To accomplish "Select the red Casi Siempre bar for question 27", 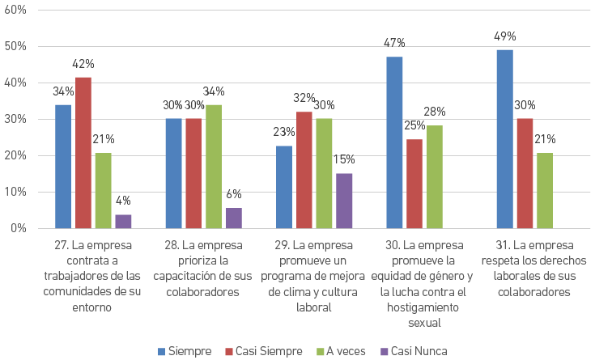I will point(83,153).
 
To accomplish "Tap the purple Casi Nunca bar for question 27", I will point(123,222).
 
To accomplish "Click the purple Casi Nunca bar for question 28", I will point(234,218).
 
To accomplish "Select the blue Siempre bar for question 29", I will point(284,187).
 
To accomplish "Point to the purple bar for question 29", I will point(344,201).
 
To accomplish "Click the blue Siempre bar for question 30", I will point(394,142).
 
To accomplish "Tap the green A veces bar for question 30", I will point(435,177).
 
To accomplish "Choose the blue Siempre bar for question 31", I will point(505,139).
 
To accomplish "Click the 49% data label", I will point(505,37).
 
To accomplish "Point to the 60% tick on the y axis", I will point(16,10).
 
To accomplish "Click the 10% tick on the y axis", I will point(16,192).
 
